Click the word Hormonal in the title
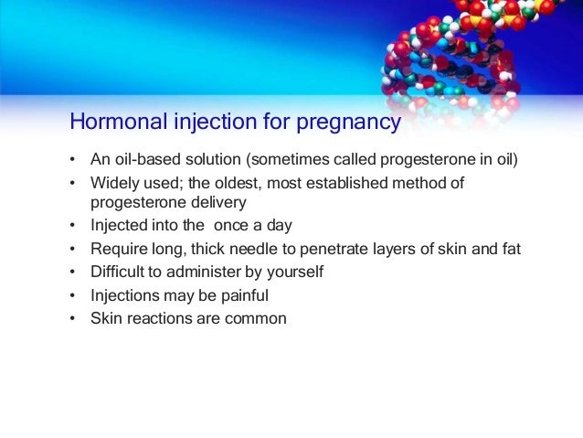119,121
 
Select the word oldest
236,183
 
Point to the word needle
253,249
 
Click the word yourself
295,272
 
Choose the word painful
245,296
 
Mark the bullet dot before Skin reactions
72,318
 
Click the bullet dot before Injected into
72,225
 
